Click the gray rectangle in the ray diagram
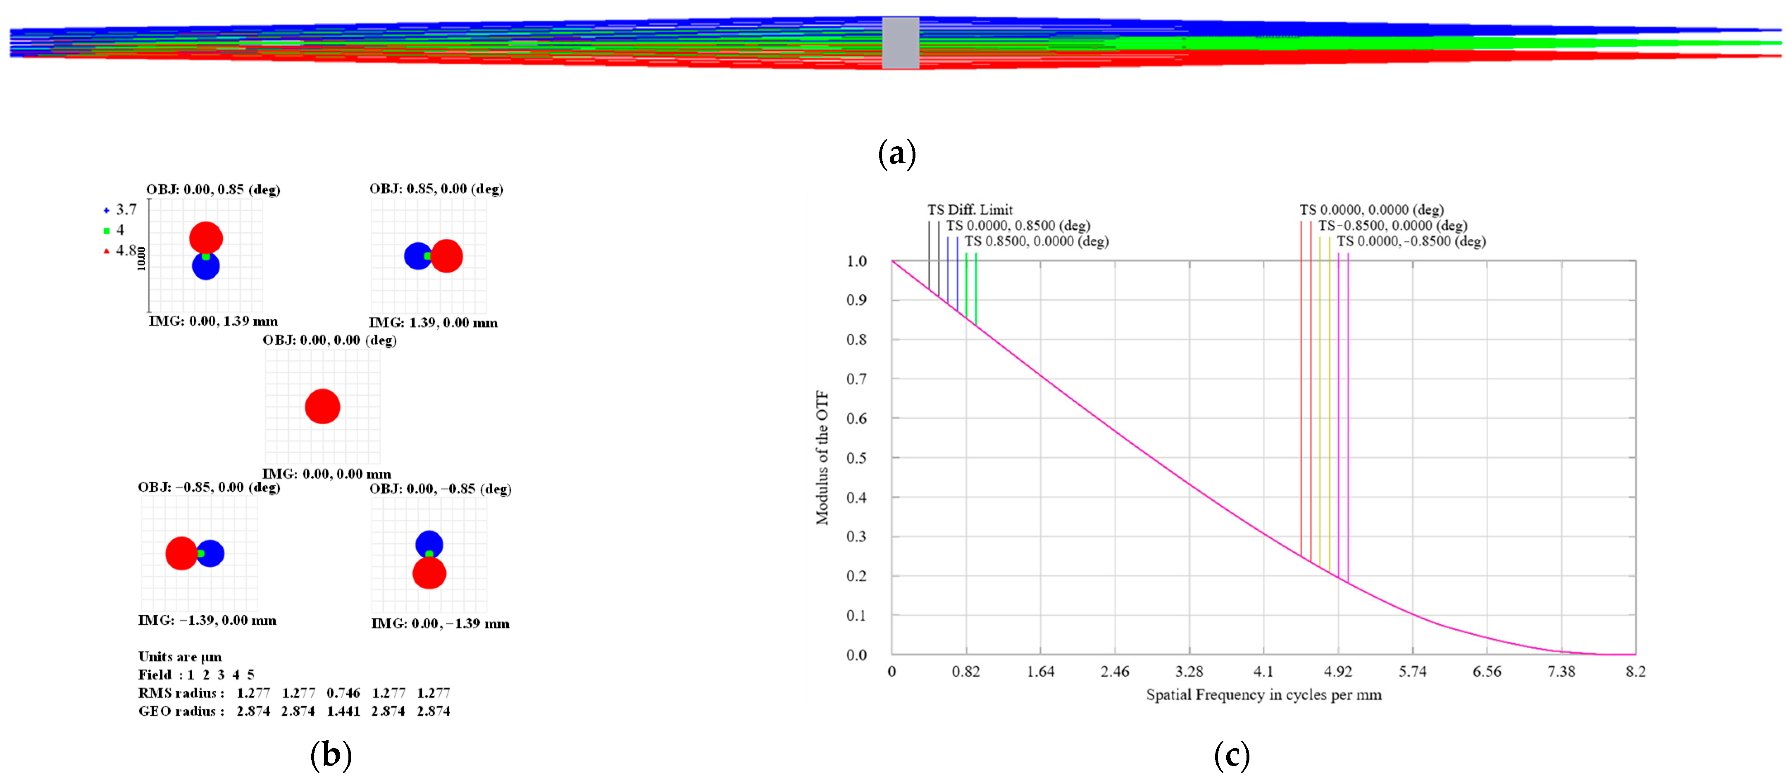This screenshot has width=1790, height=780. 901,43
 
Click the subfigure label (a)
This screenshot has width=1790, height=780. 897,153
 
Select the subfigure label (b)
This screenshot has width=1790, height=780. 331,754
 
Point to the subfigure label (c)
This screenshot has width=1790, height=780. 1231,755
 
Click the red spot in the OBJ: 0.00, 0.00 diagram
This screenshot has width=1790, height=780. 322,407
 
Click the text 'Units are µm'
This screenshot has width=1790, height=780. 180,657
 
